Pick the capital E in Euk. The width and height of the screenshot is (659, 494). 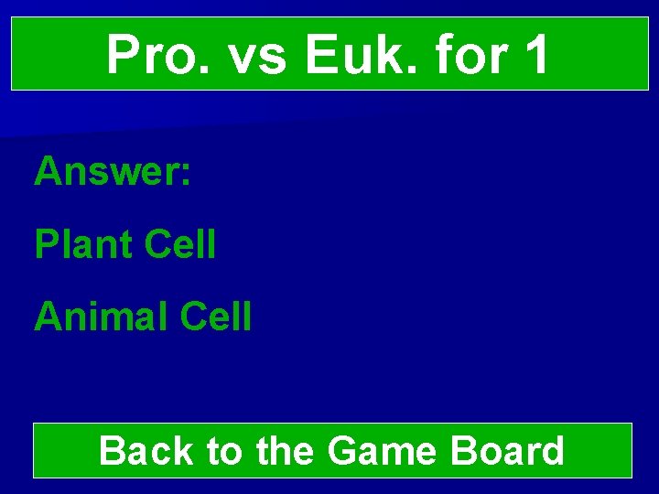pyautogui.click(x=319, y=55)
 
